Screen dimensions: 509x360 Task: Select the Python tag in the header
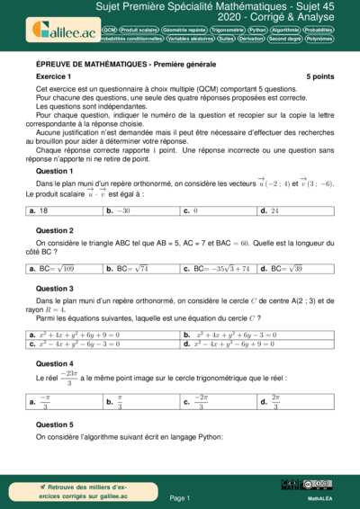click(x=257, y=30)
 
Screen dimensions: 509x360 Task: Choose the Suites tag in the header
click(x=226, y=40)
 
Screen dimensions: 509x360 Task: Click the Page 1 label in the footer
click(x=180, y=496)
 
